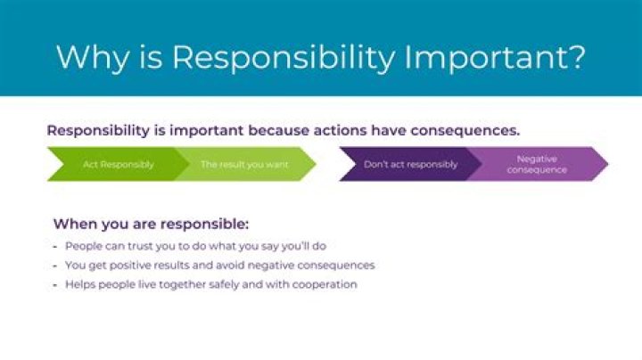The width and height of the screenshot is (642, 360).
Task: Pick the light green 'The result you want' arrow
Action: [234, 165]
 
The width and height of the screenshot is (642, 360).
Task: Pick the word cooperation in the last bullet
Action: [325, 284]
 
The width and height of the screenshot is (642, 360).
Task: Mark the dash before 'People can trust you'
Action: [55, 245]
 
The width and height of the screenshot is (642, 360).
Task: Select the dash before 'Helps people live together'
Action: [55, 284]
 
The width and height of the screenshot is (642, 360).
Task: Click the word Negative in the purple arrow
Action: [537, 159]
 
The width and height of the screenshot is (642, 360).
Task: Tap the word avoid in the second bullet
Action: [241, 265]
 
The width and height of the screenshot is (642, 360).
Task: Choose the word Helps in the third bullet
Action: [80, 284]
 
